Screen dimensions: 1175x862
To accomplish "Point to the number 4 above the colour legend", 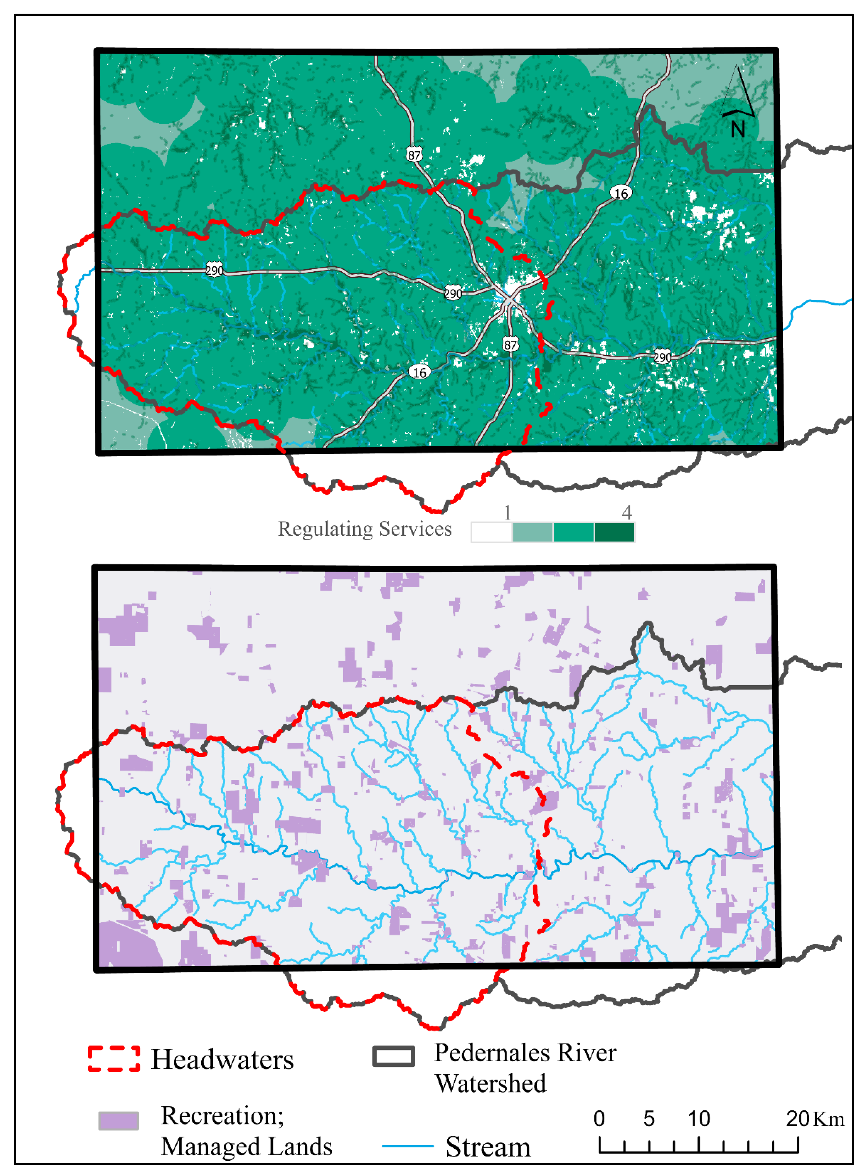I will (627, 513).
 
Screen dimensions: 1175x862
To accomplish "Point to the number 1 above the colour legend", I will (507, 513).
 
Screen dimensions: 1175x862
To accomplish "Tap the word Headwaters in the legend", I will (222, 1060).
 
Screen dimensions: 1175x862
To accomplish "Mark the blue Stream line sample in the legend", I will (407, 1146).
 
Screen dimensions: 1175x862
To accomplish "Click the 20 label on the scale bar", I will (797, 1119).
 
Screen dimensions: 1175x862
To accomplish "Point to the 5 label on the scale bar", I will (649, 1119).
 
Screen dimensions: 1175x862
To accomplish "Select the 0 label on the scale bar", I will (599, 1119).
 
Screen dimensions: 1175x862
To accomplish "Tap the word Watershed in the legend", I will (490, 1084).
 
